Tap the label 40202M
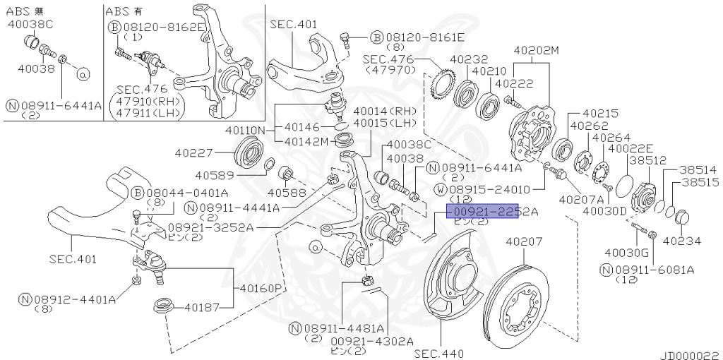(x=536, y=51)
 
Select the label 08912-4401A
(x=68, y=299)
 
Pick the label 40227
(x=194, y=152)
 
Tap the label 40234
(x=682, y=241)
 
